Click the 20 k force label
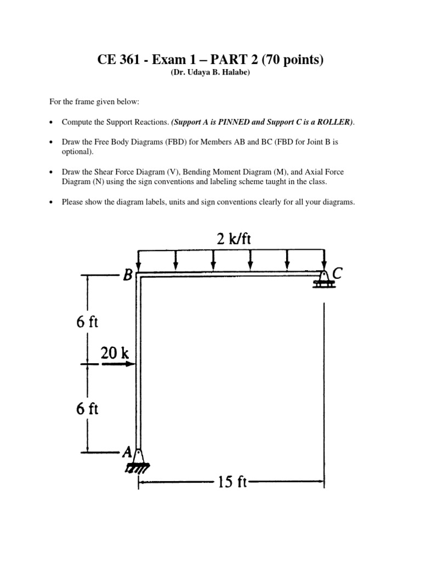[115, 353]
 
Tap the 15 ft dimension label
[232, 482]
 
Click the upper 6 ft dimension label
[87, 320]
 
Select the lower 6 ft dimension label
[87, 409]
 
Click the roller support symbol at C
[323, 279]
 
